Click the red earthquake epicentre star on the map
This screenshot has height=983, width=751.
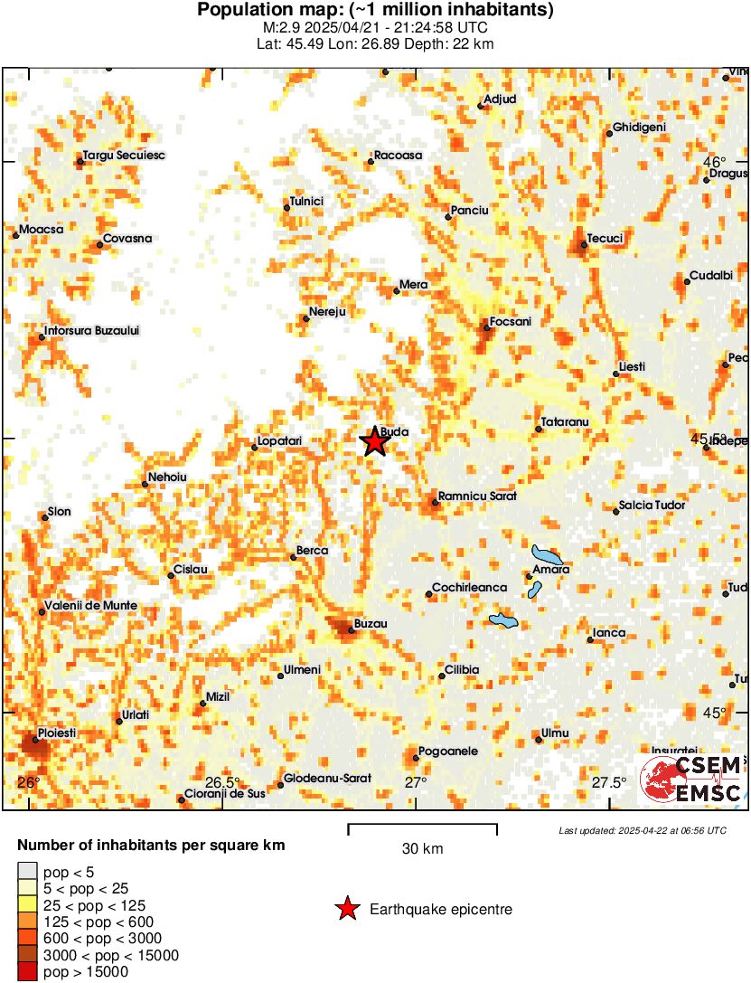point(374,442)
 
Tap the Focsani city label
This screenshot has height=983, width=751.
point(510,322)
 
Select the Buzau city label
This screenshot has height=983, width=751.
point(369,624)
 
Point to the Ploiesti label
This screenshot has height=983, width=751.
point(57,732)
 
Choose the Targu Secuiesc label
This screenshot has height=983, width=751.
point(124,156)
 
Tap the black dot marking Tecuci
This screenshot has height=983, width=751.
point(584,244)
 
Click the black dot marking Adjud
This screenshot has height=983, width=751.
point(481,106)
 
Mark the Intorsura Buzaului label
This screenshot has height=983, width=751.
point(91,331)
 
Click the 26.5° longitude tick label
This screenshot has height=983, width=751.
point(222,782)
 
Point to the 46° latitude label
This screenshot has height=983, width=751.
point(715,161)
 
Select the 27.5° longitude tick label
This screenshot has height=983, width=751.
point(609,782)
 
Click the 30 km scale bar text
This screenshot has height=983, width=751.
point(422,848)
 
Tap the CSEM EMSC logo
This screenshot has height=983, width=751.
point(691,779)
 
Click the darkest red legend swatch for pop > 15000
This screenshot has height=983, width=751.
point(27,972)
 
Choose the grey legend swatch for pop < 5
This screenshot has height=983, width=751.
point(27,872)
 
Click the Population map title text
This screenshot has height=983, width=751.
point(375,11)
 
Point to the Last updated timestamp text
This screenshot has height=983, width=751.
point(642,830)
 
